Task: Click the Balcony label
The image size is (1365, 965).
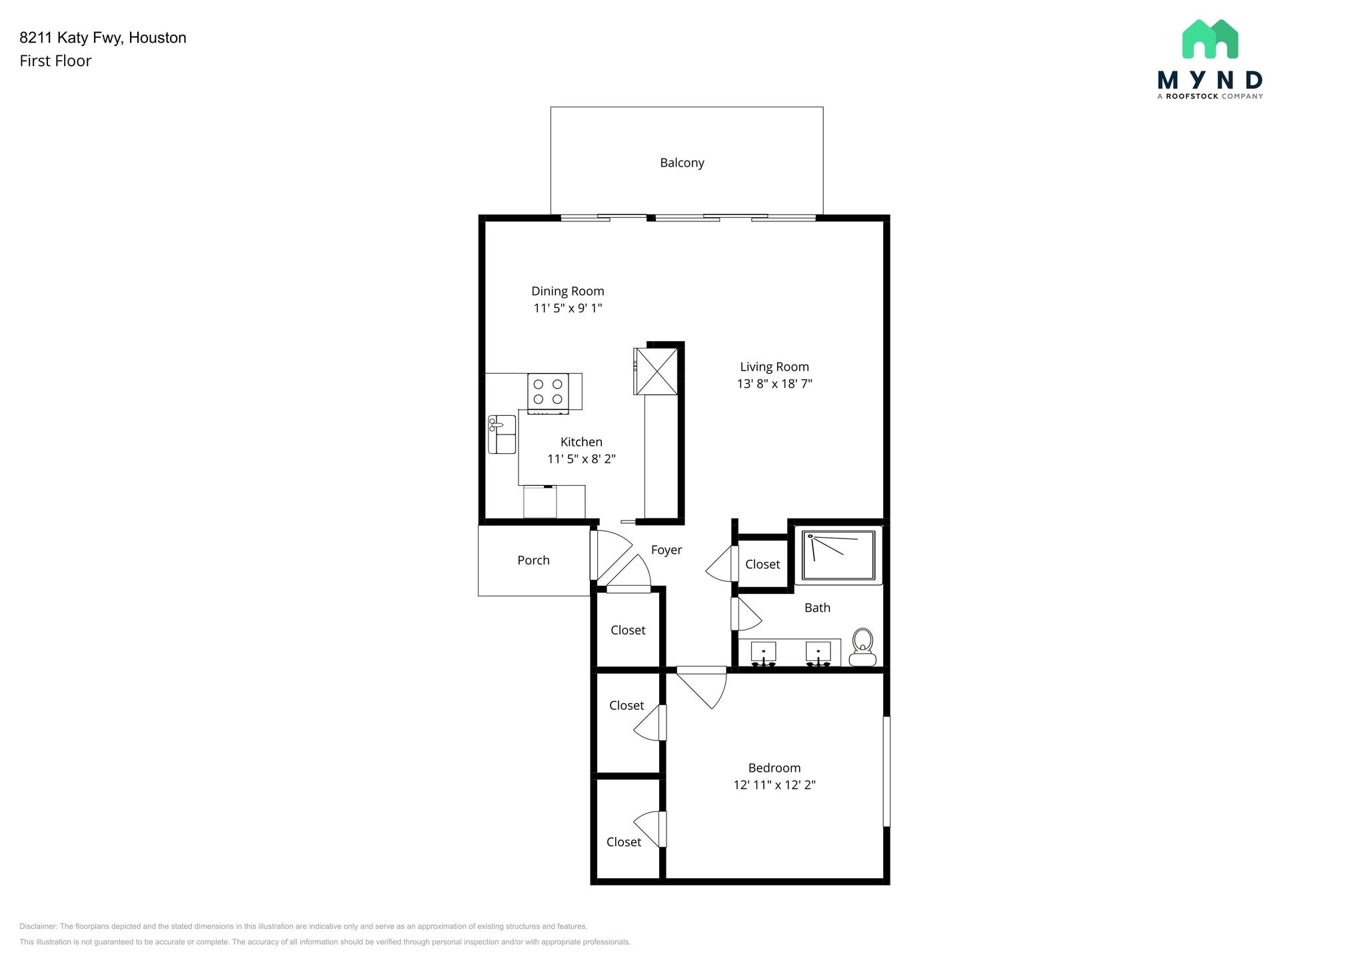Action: (682, 163)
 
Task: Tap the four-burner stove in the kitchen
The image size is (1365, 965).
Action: (548, 392)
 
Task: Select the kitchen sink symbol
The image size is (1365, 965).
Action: (502, 434)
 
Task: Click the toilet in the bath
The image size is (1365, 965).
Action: (863, 647)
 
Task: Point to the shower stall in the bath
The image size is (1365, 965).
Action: (838, 555)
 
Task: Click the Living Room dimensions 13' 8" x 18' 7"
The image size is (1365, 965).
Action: (774, 384)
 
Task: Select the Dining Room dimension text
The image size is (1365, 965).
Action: (568, 308)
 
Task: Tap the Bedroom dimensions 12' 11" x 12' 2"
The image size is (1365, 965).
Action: (774, 785)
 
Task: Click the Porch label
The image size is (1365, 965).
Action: (533, 560)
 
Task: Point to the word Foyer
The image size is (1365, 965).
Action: (667, 550)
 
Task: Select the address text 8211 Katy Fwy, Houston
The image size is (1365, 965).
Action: (103, 38)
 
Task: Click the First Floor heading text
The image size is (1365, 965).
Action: (55, 61)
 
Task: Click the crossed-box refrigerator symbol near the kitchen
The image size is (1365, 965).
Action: (657, 371)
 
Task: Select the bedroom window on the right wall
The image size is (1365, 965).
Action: (886, 771)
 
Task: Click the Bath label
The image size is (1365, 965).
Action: (817, 608)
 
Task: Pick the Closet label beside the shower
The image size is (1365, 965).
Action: (762, 564)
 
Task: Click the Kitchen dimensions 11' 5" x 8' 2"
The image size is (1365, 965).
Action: (581, 459)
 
